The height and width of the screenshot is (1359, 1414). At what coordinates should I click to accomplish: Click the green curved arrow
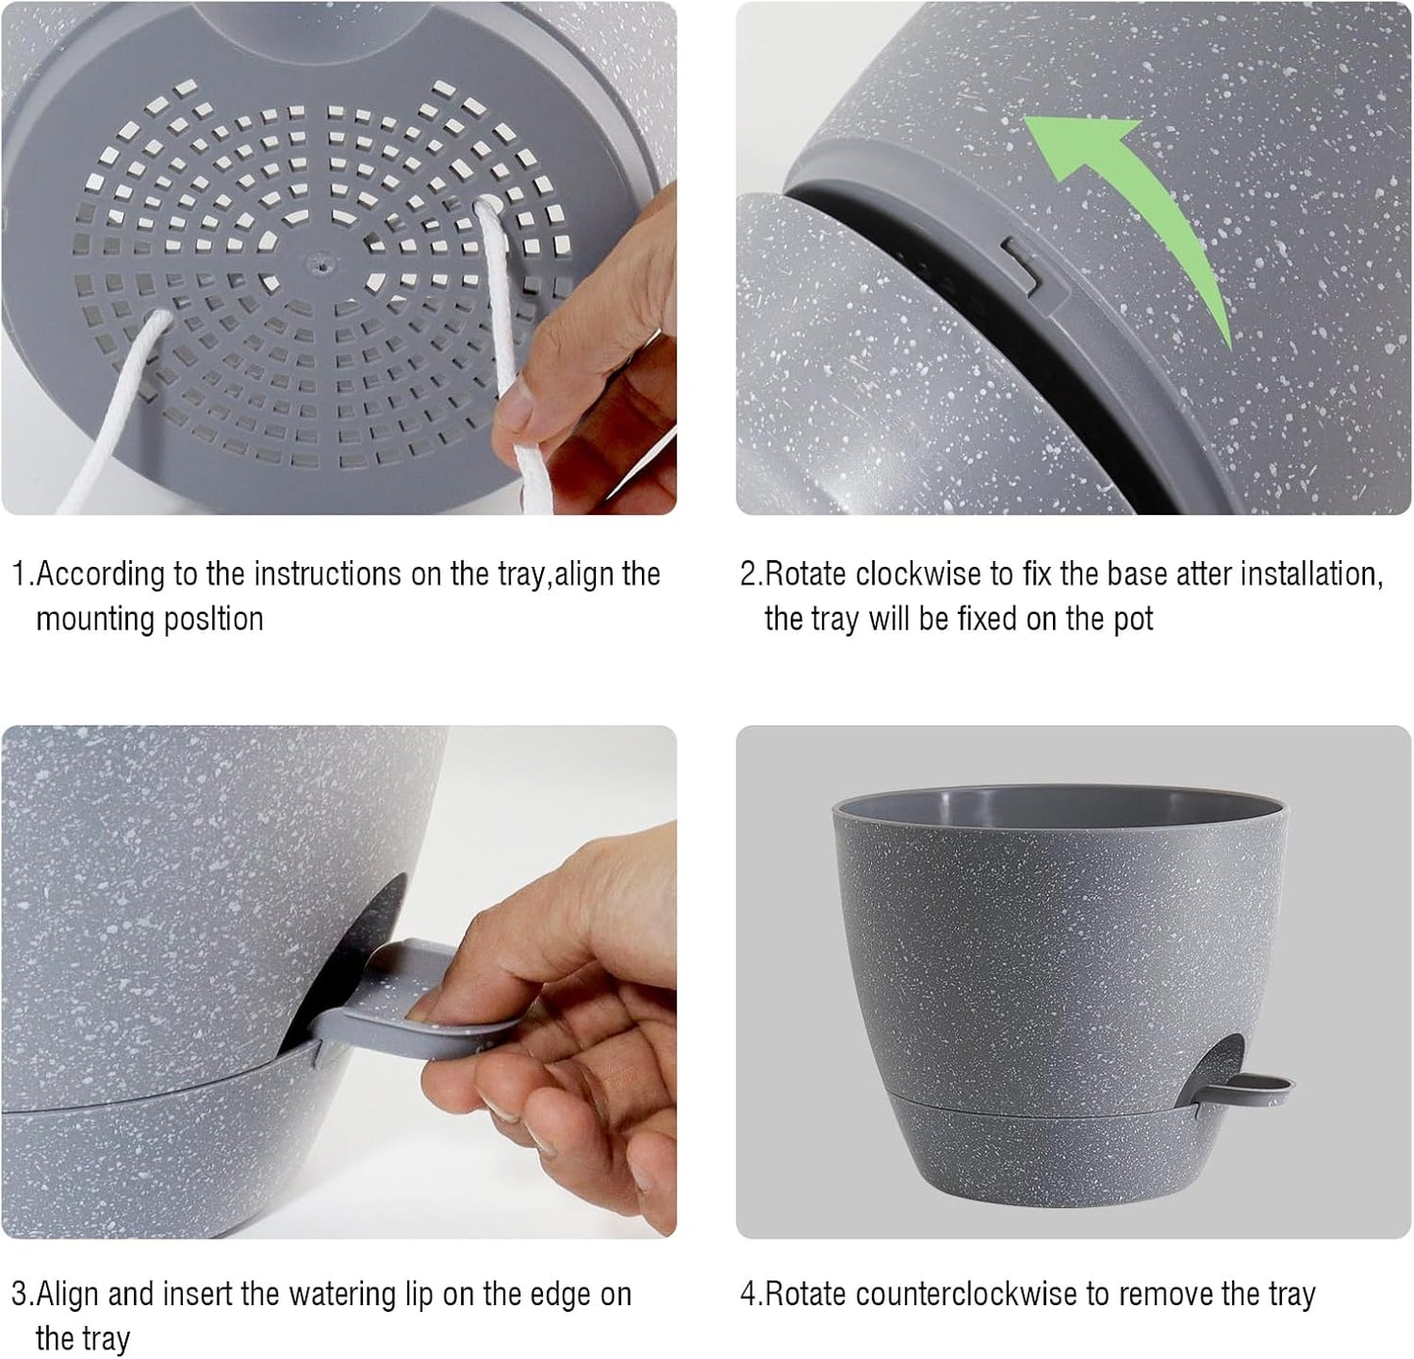(1155, 206)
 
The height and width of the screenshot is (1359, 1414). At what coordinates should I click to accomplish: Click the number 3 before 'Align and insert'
(19, 1294)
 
